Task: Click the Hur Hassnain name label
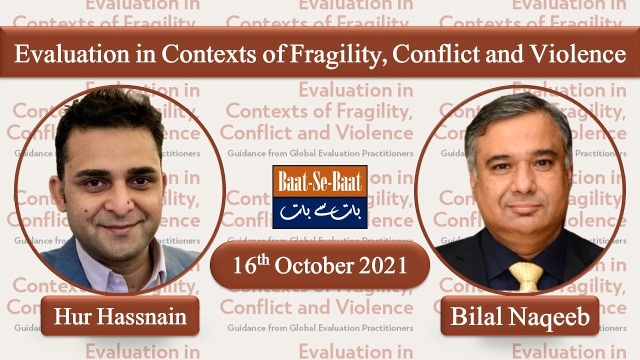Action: (120, 316)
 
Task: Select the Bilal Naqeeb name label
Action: (520, 316)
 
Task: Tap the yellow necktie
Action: (525, 275)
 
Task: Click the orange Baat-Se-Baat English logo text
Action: (319, 181)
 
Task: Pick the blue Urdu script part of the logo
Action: (319, 212)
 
